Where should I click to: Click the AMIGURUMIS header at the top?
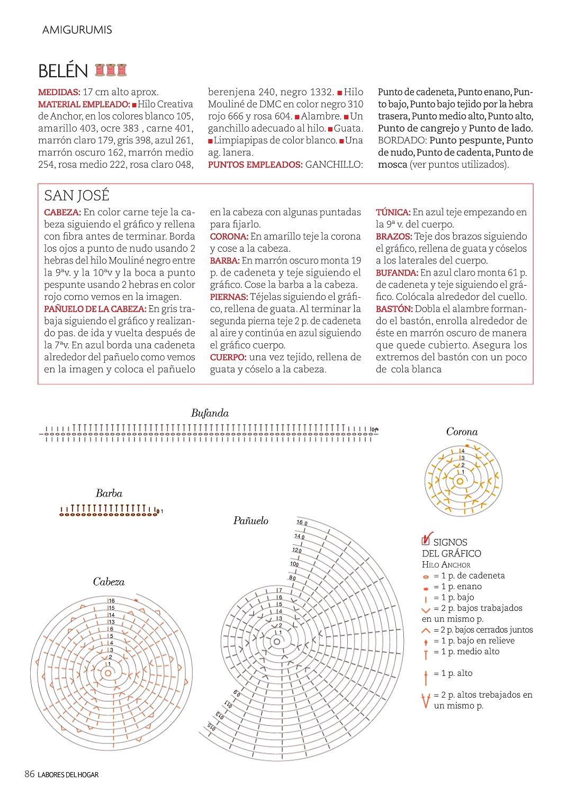pyautogui.click(x=77, y=30)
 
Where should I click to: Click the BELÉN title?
pyautogui.click(x=63, y=71)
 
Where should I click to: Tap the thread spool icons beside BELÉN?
pyautogui.click(x=111, y=70)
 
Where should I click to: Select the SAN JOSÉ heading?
pyautogui.click(x=76, y=196)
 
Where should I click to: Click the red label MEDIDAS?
pyautogui.click(x=59, y=93)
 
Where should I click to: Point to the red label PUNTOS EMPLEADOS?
pyautogui.click(x=255, y=165)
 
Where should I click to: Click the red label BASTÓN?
pyautogui.click(x=394, y=309)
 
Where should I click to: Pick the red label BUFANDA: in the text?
pyautogui.click(x=397, y=273)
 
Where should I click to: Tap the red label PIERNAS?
pyautogui.click(x=229, y=297)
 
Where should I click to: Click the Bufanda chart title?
pyautogui.click(x=210, y=414)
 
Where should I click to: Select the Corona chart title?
pyautogui.click(x=462, y=432)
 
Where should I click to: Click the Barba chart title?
pyautogui.click(x=109, y=494)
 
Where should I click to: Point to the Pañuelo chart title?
pyautogui.click(x=250, y=521)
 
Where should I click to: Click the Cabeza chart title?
pyautogui.click(x=109, y=582)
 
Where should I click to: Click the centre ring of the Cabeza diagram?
pyautogui.click(x=109, y=673)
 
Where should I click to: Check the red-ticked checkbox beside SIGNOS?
pyautogui.click(x=426, y=540)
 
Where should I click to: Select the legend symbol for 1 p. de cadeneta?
pyautogui.click(x=426, y=577)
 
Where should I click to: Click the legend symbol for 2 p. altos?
pyautogui.click(x=426, y=701)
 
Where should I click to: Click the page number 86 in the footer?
pyautogui.click(x=30, y=774)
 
